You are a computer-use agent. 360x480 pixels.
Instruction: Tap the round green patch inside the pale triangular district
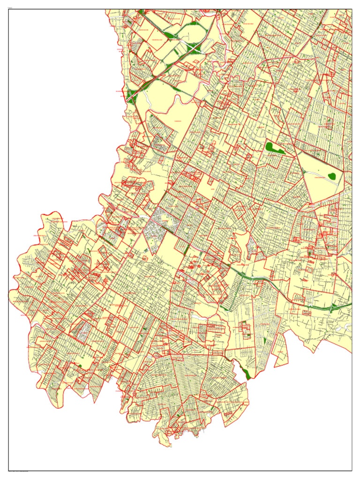[332, 176]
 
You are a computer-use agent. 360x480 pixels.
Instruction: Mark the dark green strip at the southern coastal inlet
[245, 373]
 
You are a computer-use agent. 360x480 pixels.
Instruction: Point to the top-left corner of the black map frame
[8, 9]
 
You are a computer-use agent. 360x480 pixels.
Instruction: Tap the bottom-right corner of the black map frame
[352, 470]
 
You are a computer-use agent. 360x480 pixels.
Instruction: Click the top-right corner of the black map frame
[352, 9]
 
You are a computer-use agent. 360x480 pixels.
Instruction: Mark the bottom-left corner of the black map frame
[8, 470]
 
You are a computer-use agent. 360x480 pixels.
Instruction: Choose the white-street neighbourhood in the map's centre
[155, 230]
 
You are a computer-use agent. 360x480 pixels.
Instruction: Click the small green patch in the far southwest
[80, 366]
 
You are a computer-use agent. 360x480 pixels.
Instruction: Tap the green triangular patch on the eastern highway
[332, 309]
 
